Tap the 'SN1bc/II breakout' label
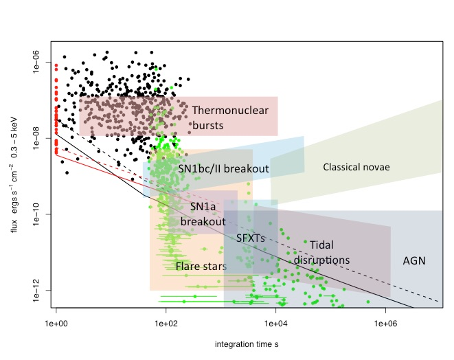coord(223,168)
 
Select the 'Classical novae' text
coord(356,167)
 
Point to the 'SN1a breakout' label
coord(203,214)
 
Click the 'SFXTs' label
coord(250,238)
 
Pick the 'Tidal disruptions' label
coord(322,252)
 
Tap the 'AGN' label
coord(414,261)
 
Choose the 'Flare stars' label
coord(201,266)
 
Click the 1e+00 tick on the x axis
coord(56,321)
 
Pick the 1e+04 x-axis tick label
coord(275,321)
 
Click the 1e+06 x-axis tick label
coord(385,321)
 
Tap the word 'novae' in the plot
coord(376,167)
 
